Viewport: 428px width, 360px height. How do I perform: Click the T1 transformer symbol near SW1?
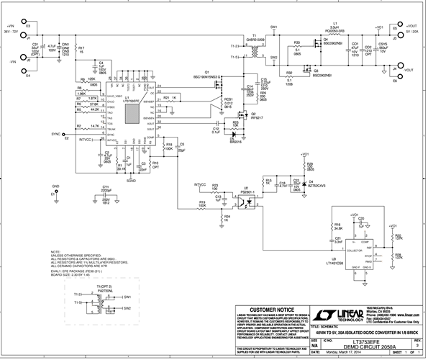[252, 52]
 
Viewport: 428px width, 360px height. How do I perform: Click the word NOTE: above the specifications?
[56, 252]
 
